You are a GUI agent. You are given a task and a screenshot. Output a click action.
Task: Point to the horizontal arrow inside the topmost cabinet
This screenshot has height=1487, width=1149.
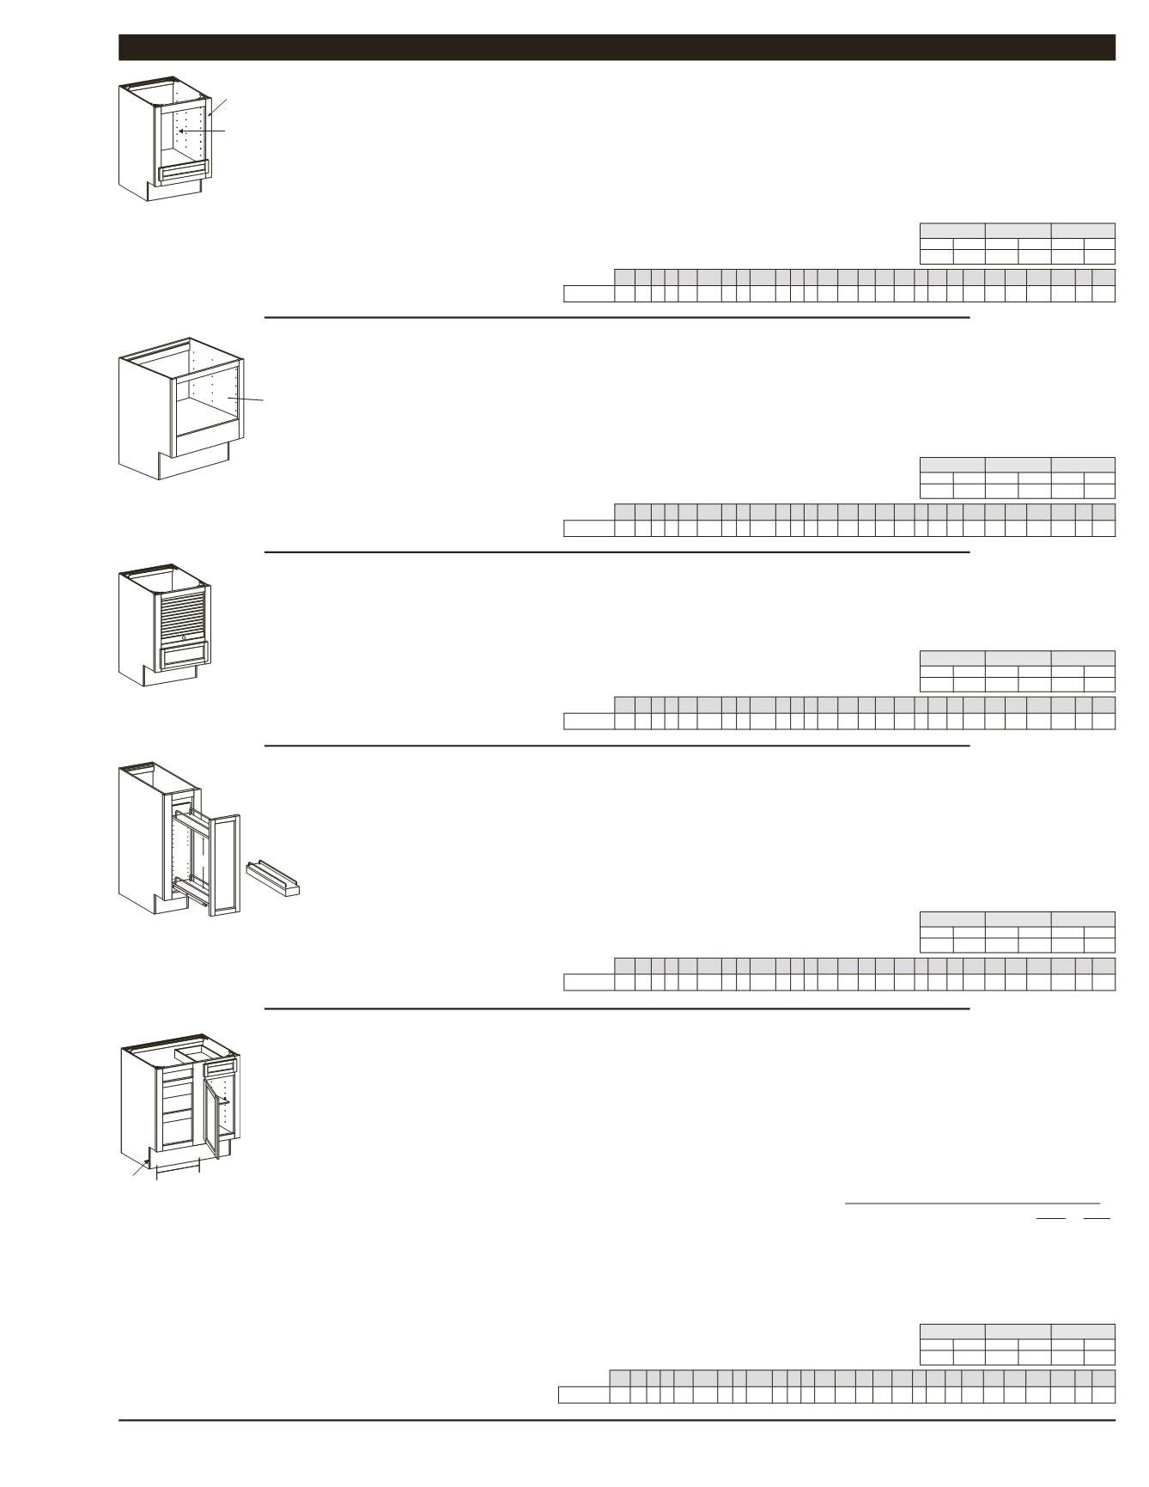click(x=201, y=131)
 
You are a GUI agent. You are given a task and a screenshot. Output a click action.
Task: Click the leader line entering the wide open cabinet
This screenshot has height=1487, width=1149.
click(x=246, y=399)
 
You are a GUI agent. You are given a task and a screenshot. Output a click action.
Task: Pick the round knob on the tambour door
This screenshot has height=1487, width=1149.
click(x=184, y=638)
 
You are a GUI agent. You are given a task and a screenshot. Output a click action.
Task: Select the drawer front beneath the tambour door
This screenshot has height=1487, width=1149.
click(x=184, y=657)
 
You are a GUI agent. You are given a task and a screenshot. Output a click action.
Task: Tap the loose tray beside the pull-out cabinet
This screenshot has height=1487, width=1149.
click(x=273, y=878)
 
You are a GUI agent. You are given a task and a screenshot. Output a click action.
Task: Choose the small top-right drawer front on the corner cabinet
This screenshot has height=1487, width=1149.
click(x=220, y=1068)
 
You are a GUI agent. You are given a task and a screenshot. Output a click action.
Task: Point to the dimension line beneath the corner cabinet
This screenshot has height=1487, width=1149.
click(x=178, y=1168)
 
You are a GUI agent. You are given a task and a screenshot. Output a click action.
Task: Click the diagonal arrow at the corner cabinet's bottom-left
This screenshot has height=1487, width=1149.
click(x=140, y=1168)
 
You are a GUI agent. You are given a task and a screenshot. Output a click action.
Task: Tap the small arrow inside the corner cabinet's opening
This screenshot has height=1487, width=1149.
click(x=223, y=1100)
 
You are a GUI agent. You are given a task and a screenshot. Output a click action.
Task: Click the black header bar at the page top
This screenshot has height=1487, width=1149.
click(x=617, y=47)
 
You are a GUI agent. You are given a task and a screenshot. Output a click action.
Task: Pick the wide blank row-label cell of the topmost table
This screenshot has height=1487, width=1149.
click(x=589, y=294)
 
